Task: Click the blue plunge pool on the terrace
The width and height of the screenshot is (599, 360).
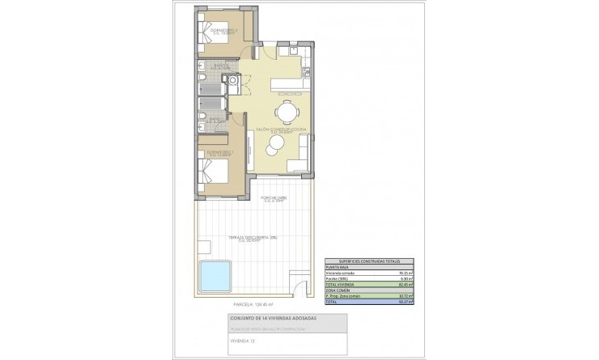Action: coord(215,277)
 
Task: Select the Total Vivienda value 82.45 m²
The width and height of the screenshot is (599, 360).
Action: coord(406,285)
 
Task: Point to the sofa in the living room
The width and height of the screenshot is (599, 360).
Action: coord(304,154)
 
